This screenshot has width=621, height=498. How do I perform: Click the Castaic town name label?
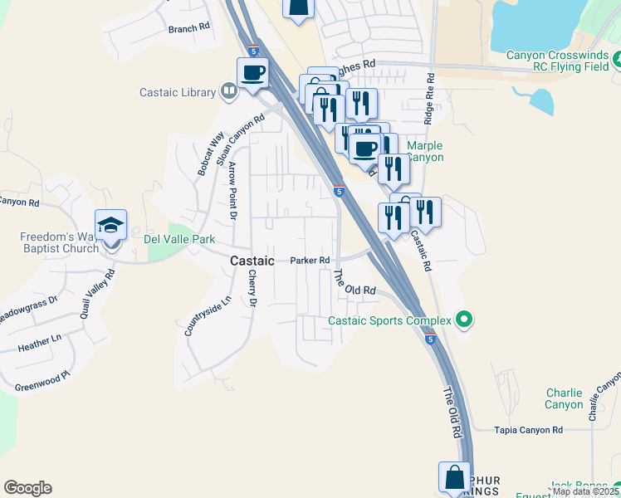click(x=251, y=261)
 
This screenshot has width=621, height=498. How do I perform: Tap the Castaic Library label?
click(x=180, y=92)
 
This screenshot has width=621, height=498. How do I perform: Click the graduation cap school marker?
click(x=110, y=226)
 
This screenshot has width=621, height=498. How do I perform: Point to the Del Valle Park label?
click(x=179, y=240)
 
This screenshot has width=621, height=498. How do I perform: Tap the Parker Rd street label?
click(x=310, y=261)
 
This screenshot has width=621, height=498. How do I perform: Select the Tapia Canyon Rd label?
click(x=528, y=430)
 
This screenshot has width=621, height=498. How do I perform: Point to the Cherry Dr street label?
click(x=251, y=287)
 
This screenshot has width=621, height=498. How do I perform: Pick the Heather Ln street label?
click(x=40, y=340)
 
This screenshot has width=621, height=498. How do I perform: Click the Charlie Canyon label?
click(x=564, y=398)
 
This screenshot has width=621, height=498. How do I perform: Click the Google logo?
click(x=28, y=488)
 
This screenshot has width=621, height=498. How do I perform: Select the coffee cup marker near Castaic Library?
click(x=252, y=72)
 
